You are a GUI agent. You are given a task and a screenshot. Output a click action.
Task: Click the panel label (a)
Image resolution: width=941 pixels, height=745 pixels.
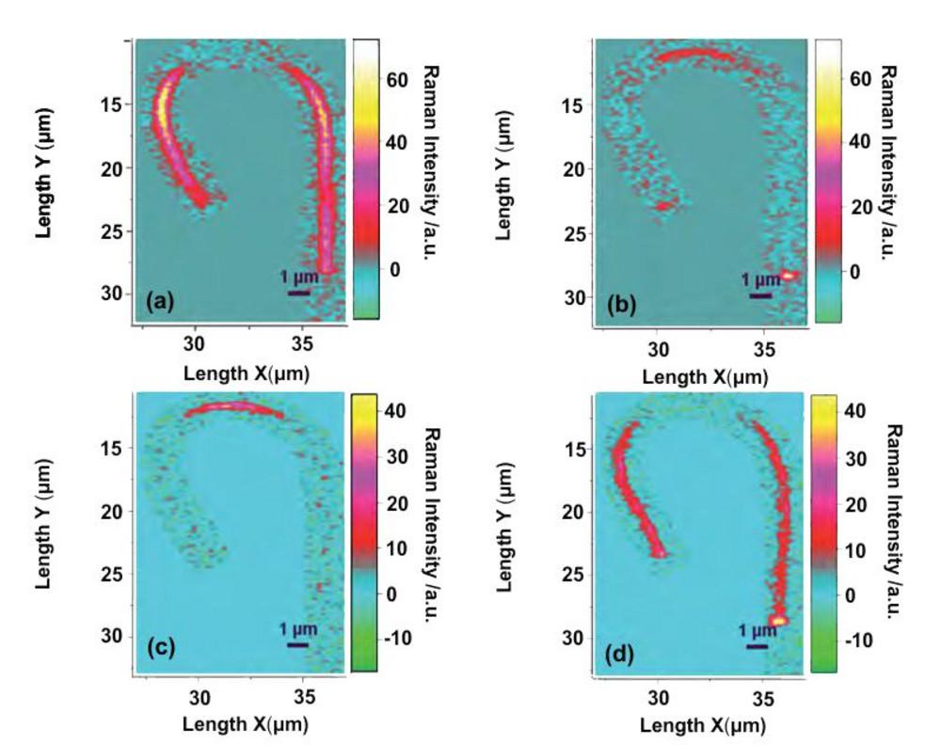(156, 301)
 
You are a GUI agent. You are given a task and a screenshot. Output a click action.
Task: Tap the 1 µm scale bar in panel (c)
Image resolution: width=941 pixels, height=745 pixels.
(298, 644)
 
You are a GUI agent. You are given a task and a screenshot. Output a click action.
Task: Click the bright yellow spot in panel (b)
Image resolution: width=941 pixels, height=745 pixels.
(789, 275)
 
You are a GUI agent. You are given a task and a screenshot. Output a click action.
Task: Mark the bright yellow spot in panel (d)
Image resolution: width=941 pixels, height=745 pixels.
(778, 620)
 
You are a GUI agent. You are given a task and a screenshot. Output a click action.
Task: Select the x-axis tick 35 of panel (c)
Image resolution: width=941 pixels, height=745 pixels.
(303, 699)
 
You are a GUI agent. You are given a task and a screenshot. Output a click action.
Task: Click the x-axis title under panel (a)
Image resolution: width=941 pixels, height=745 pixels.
(247, 372)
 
